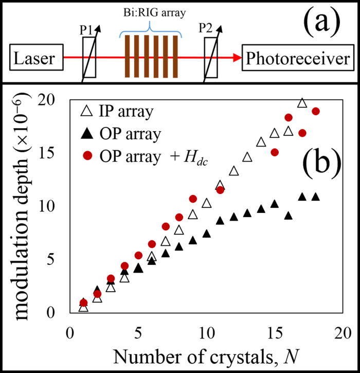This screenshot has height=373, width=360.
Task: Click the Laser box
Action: (x=33, y=59)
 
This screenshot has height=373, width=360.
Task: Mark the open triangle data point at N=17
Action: (x=302, y=103)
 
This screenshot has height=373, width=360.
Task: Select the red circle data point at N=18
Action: (x=316, y=111)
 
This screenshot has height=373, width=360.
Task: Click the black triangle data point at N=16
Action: (x=289, y=216)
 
